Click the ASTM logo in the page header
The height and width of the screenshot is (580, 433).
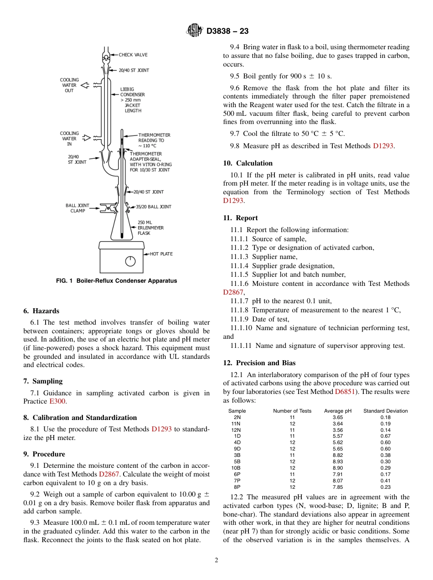195,31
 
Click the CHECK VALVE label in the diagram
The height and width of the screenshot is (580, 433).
133,55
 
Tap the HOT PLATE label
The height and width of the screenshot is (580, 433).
161,254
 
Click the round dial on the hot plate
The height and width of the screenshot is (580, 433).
130,261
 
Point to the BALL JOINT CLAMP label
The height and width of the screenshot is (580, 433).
77,208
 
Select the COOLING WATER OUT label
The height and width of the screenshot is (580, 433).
69,85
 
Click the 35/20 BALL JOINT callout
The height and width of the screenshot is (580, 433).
154,207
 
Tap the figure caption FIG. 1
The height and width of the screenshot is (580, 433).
116,281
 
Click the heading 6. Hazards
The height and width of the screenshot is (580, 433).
41,311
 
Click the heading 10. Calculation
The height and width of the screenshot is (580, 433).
247,163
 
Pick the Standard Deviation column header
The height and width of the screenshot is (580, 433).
385,411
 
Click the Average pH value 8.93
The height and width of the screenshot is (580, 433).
338,461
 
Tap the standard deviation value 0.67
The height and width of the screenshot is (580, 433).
385,436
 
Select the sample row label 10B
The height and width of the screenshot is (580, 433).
236,468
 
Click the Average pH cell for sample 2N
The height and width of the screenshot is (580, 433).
338,417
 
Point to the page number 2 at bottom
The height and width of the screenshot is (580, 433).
216,560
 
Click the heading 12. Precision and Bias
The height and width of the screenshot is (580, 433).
259,363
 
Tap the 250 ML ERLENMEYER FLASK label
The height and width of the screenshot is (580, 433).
150,228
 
